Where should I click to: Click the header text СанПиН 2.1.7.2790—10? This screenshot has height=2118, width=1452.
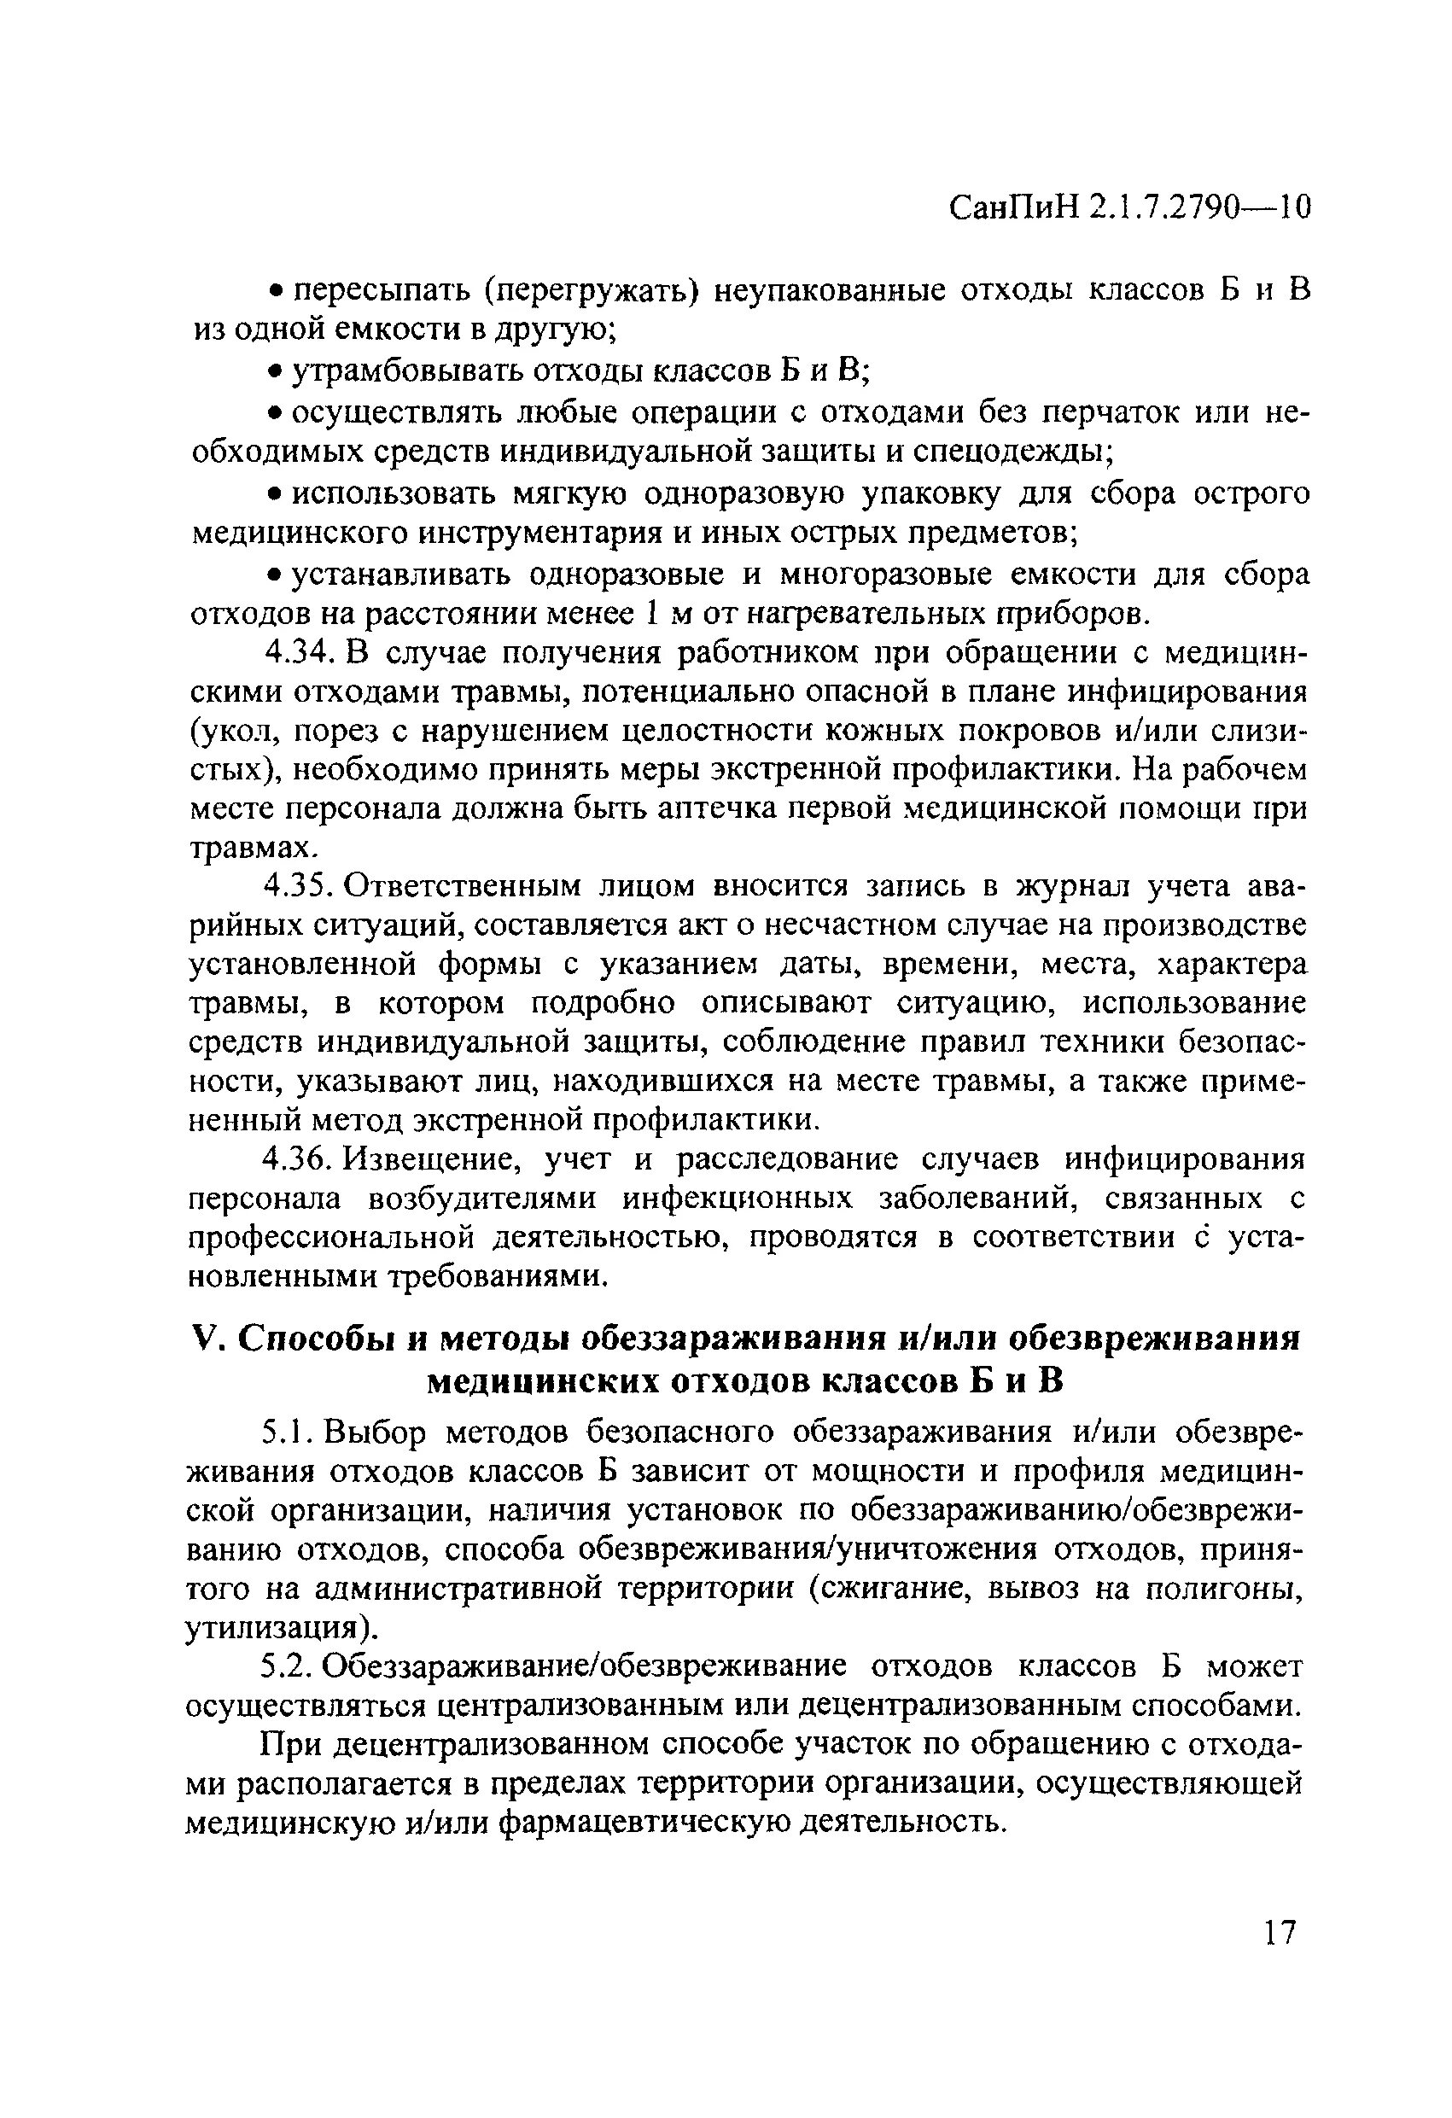point(1129,208)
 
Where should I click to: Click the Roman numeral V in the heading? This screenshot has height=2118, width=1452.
point(206,1339)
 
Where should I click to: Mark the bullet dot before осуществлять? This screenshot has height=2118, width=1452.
point(271,414)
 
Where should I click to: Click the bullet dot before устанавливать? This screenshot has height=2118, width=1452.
point(271,575)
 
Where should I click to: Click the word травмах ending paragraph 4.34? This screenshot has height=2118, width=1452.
point(252,849)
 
